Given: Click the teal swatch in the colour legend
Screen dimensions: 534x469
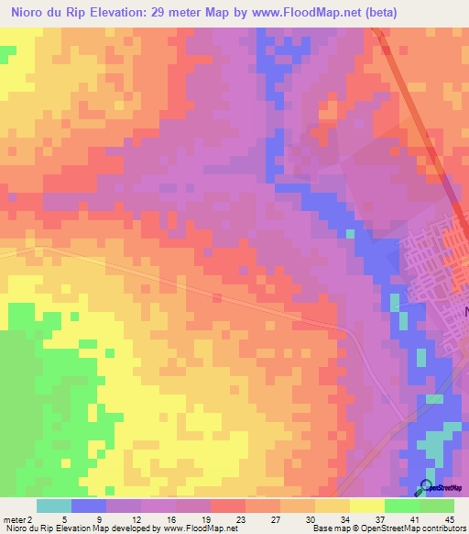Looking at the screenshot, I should [53, 506].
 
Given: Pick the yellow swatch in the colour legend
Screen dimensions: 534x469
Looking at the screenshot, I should [367, 506].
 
